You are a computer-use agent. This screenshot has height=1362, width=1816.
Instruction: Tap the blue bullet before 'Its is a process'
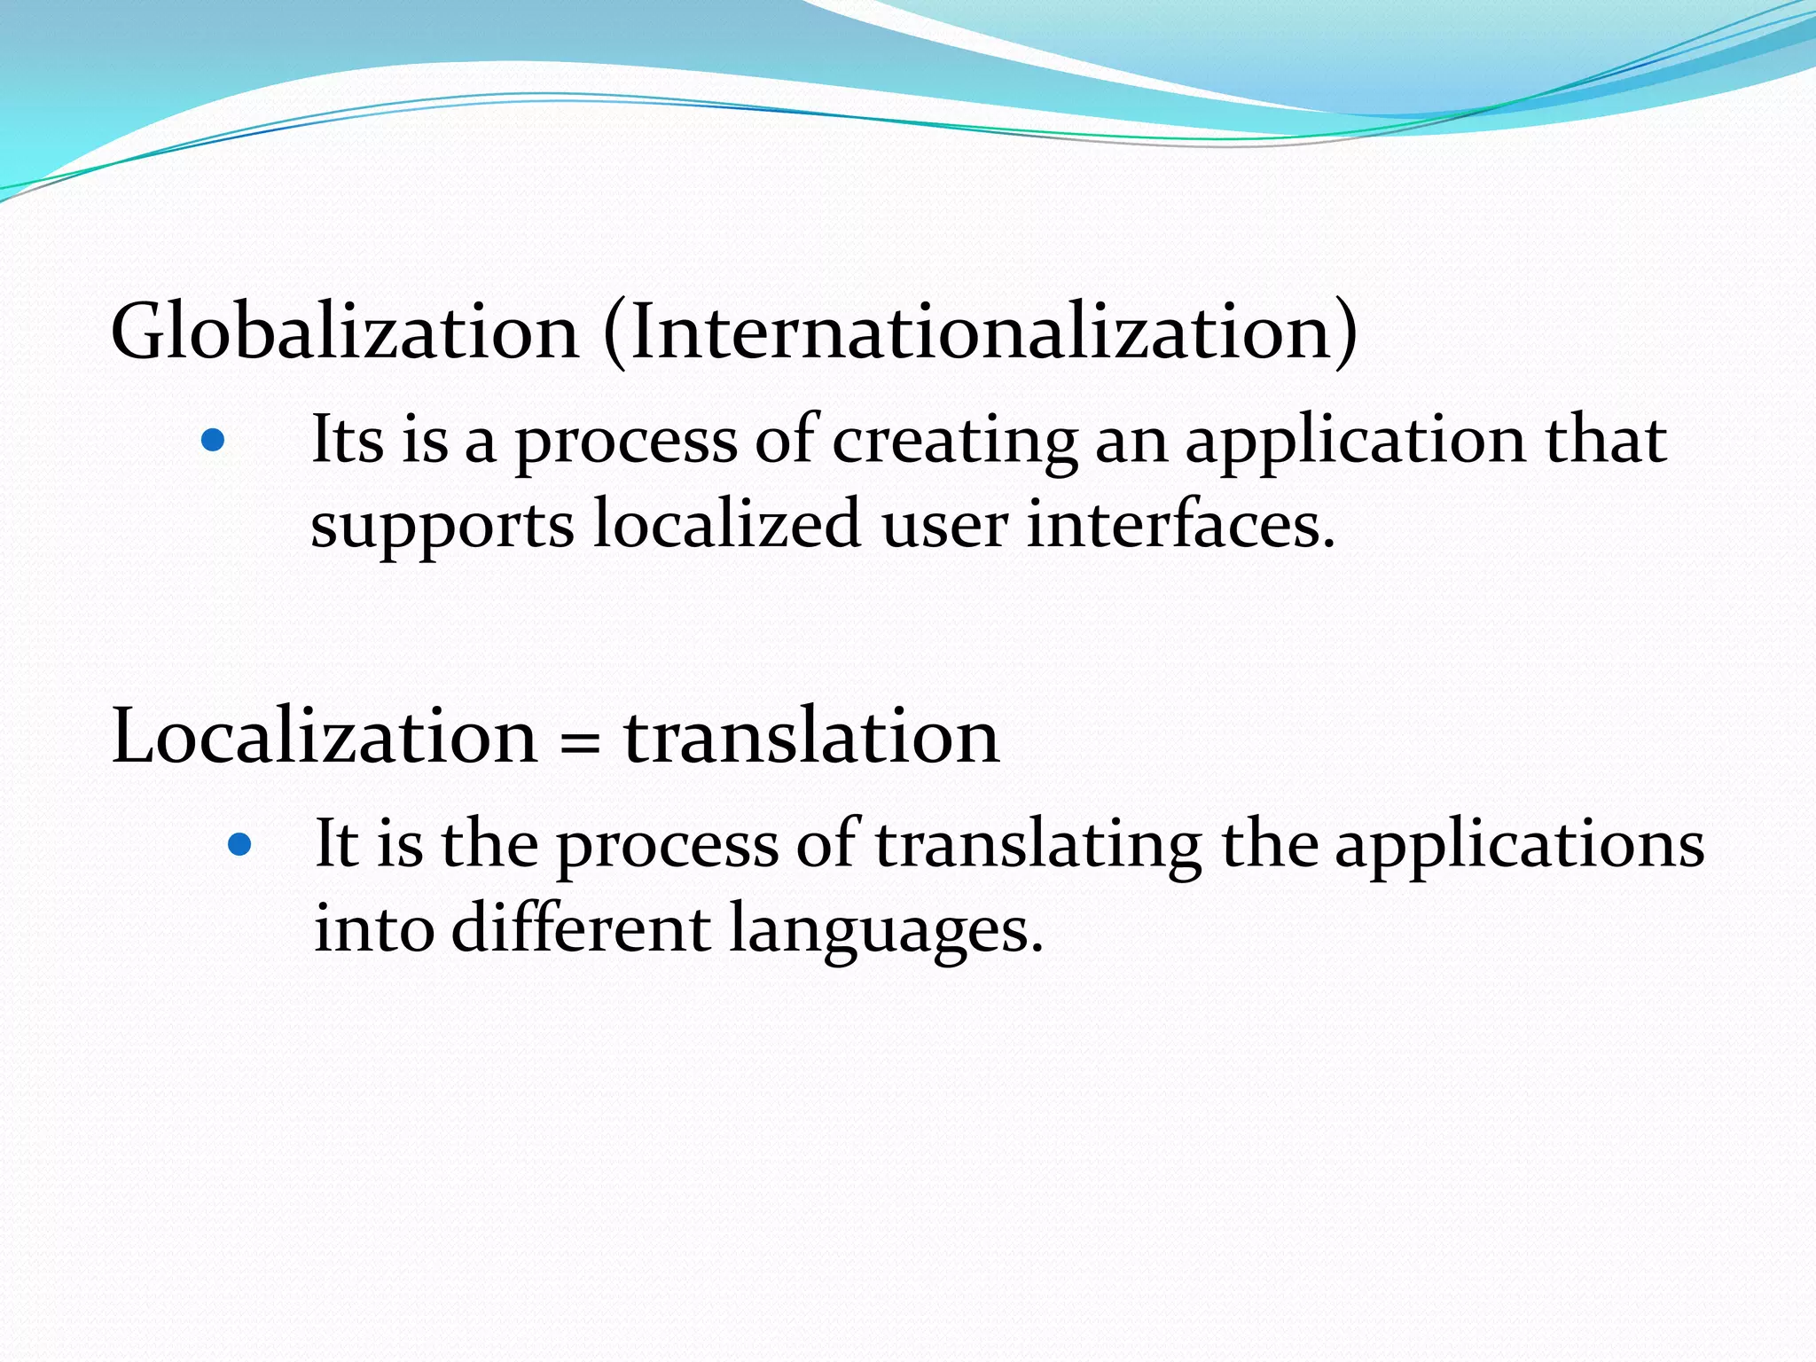(213, 440)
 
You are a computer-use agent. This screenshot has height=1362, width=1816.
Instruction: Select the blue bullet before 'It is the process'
(239, 844)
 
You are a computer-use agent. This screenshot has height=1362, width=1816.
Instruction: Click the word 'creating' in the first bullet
(954, 442)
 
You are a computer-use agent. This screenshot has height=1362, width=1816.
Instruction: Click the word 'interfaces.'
(1180, 523)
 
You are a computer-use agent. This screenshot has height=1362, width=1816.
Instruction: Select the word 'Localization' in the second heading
(325, 736)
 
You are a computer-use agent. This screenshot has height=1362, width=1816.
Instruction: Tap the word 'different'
(580, 928)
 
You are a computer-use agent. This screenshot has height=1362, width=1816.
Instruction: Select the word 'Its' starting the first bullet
(347, 440)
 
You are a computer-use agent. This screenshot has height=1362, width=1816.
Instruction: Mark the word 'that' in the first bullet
(1606, 440)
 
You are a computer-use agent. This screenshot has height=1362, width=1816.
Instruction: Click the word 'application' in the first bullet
(1355, 442)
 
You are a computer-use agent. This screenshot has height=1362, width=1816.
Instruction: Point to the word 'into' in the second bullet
(374, 929)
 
